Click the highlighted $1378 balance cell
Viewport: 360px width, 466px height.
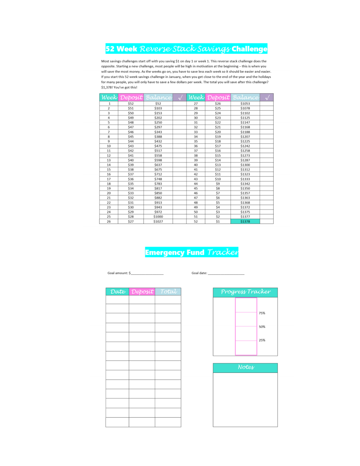click(245, 221)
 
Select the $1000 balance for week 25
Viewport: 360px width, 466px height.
click(158, 217)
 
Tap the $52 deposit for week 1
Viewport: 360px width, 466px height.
click(131, 104)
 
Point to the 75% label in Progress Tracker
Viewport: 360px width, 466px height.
click(262, 313)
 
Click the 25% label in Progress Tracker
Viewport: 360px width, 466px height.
click(262, 340)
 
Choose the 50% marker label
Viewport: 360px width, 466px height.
click(262, 327)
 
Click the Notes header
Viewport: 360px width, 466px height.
click(245, 367)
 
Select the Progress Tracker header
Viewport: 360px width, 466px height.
click(245, 292)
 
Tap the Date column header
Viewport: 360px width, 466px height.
click(117, 292)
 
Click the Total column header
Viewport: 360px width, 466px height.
click(168, 292)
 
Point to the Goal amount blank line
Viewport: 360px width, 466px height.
click(147, 273)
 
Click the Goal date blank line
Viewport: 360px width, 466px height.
click(226, 273)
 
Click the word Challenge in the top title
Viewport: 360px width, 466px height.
click(249, 49)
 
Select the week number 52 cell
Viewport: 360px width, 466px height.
click(196, 221)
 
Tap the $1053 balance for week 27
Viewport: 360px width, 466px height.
click(245, 104)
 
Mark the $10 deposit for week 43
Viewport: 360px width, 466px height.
click(218, 179)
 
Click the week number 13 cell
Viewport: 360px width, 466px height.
click(109, 160)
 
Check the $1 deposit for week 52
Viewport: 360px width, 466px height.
click(218, 221)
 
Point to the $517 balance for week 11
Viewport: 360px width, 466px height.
click(158, 151)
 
